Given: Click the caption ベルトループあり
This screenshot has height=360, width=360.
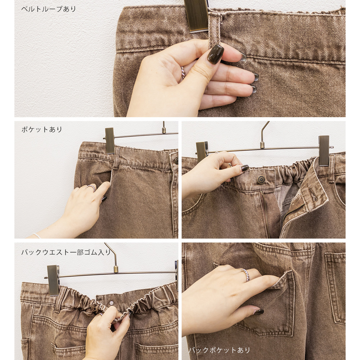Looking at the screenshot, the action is [49, 9].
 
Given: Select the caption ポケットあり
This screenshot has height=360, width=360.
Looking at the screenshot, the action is [42, 130].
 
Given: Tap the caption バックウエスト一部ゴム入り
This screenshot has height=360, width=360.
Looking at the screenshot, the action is [66, 252].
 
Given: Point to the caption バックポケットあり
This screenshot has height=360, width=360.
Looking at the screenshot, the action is [219, 350].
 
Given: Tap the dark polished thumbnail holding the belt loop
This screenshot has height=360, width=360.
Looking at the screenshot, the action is [215, 54].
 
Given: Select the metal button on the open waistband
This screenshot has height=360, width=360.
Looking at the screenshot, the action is [261, 179].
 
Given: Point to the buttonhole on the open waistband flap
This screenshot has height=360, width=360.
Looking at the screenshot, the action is [313, 196].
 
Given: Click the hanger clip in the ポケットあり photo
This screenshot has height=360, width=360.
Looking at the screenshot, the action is [110, 140].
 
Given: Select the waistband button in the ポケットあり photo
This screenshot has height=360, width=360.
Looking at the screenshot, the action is [176, 161].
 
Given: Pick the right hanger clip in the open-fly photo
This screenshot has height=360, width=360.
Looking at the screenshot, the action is [324, 150].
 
